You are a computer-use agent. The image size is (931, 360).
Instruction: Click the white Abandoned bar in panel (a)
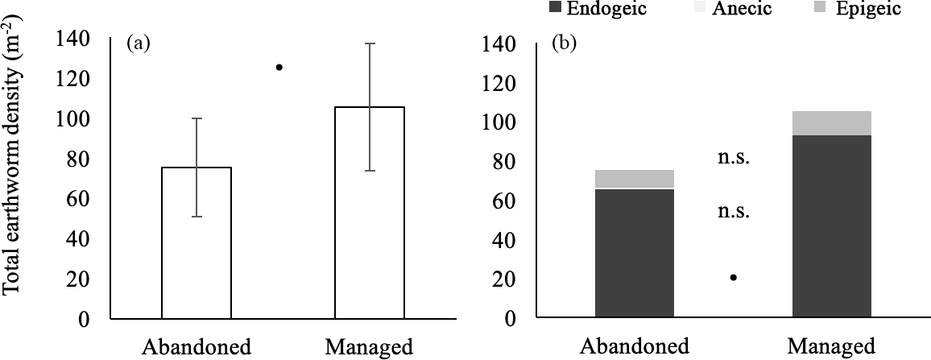[197, 242]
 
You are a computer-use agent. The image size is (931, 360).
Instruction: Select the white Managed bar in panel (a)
[370, 213]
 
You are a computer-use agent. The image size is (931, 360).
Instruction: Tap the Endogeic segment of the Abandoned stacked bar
[634, 253]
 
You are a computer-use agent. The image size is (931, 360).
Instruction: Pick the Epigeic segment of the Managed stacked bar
[832, 122]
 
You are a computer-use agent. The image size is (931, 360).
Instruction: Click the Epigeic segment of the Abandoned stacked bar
[634, 178]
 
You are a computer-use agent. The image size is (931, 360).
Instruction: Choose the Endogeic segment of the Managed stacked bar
[832, 226]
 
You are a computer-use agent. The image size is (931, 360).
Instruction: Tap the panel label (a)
[138, 44]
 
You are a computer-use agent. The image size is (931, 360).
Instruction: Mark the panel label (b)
[561, 44]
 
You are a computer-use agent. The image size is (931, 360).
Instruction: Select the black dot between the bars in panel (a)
[279, 68]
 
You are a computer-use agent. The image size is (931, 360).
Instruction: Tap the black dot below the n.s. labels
[734, 278]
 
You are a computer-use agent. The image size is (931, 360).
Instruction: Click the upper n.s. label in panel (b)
[734, 158]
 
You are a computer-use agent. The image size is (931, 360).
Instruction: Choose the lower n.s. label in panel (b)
[734, 212]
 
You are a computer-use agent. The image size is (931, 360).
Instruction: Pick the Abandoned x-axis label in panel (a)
[197, 348]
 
